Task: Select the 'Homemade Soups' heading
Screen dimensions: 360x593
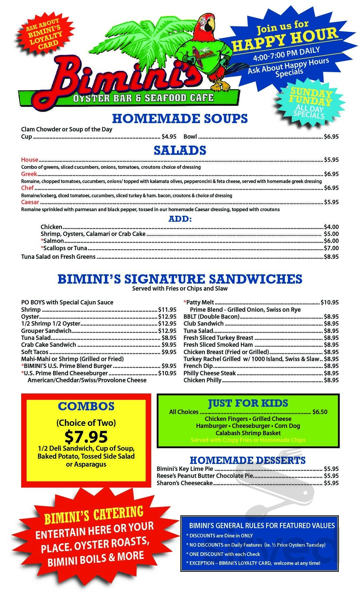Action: pyautogui.click(x=180, y=118)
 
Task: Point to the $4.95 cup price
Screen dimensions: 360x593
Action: pyautogui.click(x=169, y=136)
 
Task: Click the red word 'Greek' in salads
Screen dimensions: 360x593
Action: pyautogui.click(x=29, y=174)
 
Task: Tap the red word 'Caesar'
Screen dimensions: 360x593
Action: pyautogui.click(x=30, y=202)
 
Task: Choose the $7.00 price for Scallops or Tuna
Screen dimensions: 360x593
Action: pyautogui.click(x=331, y=248)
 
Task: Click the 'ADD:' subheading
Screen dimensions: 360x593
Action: pyautogui.click(x=180, y=219)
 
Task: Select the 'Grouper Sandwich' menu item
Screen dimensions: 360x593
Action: pyautogui.click(x=46, y=331)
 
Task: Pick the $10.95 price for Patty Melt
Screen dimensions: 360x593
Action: pyautogui.click(x=329, y=302)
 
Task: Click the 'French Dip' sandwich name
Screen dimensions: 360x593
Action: pyautogui.click(x=198, y=366)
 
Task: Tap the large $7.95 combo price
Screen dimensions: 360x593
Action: pyautogui.click(x=86, y=436)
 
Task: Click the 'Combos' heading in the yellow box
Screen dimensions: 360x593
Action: pyautogui.click(x=86, y=406)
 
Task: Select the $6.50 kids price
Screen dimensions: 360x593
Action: pyautogui.click(x=320, y=412)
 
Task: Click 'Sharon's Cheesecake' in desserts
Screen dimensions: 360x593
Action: pyautogui.click(x=185, y=483)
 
